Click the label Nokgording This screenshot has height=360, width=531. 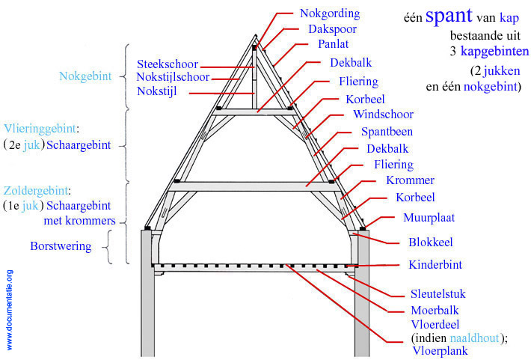tap(330, 13)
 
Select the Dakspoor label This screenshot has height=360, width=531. tap(332, 29)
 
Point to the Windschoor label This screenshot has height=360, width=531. tap(383, 115)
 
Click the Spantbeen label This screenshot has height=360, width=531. tap(387, 132)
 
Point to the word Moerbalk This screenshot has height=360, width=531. tap(435, 310)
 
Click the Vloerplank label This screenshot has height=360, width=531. tap(438, 350)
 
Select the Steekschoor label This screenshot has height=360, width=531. tap(168, 64)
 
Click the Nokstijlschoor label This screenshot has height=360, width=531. tap(174, 77)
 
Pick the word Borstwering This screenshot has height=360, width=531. tap(61, 245)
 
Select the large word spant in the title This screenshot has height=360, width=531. tap(449, 17)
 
